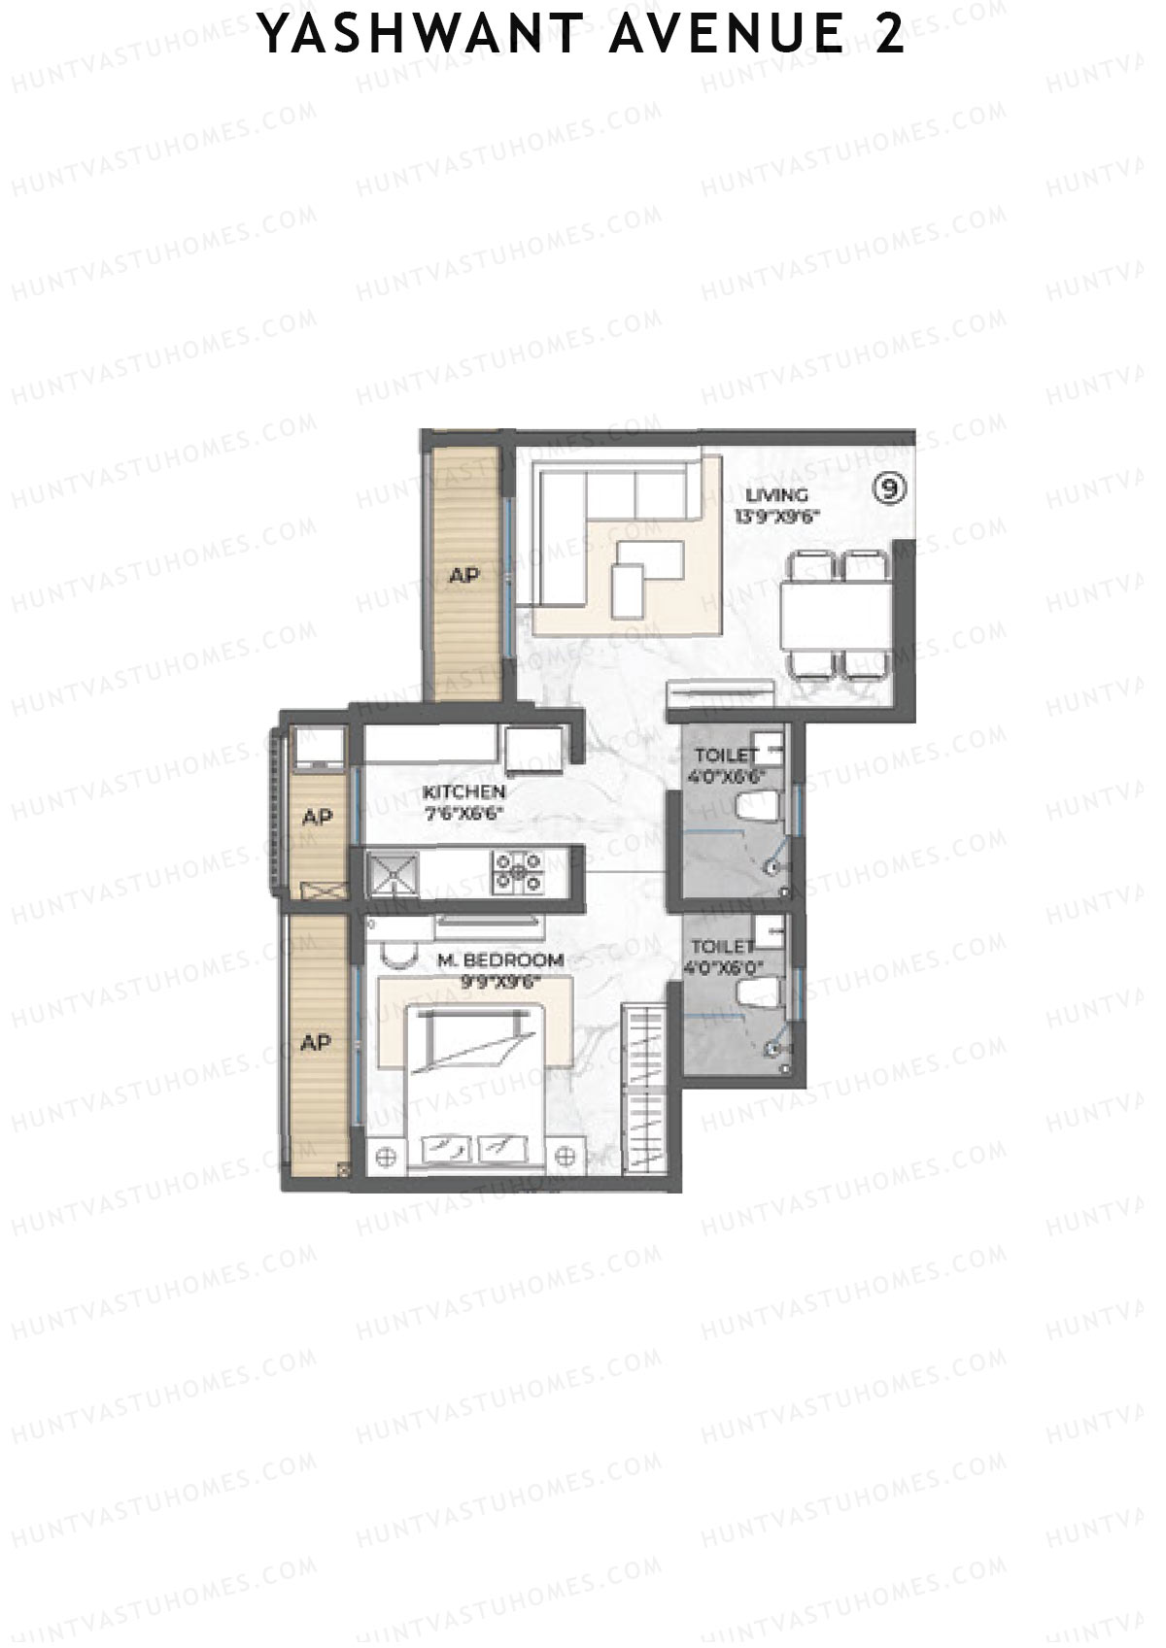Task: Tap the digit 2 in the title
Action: (887, 37)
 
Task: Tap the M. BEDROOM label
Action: (500, 960)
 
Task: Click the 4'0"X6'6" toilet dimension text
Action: (727, 776)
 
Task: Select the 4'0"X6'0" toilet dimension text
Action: (724, 967)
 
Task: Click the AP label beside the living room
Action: (464, 575)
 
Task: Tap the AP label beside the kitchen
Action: (317, 818)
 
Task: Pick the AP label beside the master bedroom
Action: (316, 1043)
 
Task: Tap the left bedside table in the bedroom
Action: (386, 1156)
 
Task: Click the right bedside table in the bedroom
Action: (567, 1156)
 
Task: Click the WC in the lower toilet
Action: (758, 992)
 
